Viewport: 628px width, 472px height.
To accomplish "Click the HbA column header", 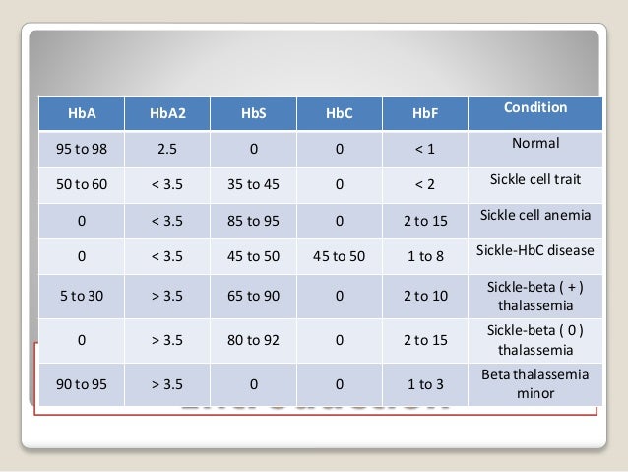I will (81, 114).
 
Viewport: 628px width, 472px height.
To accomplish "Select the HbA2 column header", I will (167, 114).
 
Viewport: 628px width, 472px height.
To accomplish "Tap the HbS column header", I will (254, 114).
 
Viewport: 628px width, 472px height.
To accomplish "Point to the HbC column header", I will (339, 114).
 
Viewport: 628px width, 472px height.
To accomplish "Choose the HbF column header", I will (425, 114).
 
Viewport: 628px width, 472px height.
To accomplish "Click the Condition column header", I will (535, 107).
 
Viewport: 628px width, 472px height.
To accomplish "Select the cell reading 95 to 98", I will (81, 150).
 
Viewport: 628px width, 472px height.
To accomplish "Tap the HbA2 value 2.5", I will (167, 150).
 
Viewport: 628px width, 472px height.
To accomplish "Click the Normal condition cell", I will (535, 143).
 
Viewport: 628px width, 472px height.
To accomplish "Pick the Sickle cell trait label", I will (535, 179).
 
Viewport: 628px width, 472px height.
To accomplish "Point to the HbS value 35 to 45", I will (254, 185).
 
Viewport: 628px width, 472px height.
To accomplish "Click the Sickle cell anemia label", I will (535, 215).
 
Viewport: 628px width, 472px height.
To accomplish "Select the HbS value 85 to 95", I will (254, 221).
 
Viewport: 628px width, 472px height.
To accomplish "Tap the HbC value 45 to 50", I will (339, 256).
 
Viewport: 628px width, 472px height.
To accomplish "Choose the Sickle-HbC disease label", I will (535, 250).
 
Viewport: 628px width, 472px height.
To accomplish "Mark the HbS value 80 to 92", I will (254, 340).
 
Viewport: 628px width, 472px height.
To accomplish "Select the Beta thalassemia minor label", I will (535, 383).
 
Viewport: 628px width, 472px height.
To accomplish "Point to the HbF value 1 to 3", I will (425, 384).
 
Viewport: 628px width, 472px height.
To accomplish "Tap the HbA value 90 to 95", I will (81, 384).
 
